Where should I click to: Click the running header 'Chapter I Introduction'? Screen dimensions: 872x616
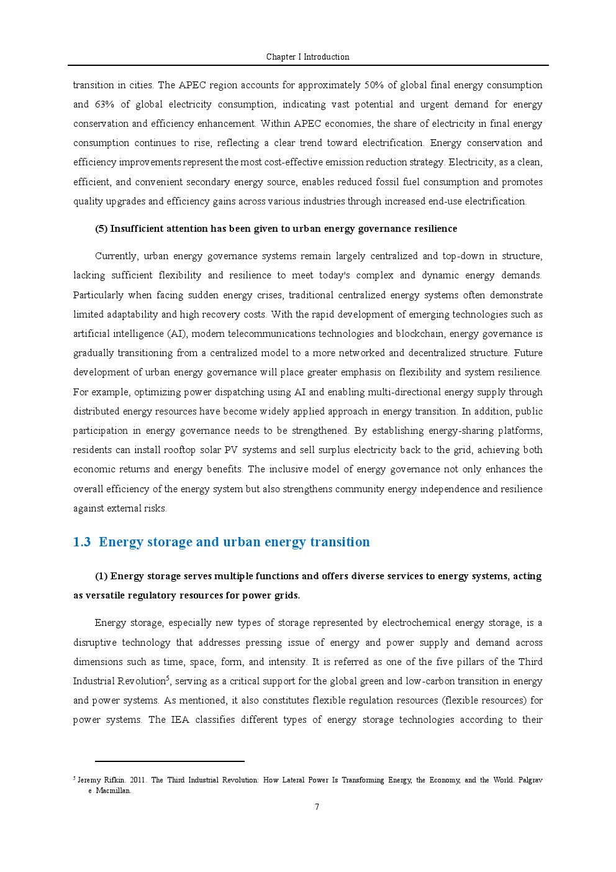click(x=307, y=57)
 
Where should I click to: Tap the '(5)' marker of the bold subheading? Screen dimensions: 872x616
click(x=101, y=229)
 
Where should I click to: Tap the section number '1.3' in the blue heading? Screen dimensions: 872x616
click(x=81, y=542)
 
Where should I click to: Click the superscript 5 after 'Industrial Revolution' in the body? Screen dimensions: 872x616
click(x=168, y=678)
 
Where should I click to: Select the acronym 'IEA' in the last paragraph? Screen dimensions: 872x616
click(x=179, y=720)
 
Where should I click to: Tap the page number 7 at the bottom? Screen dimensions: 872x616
click(x=317, y=807)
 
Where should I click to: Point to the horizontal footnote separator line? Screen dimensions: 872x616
click(x=170, y=761)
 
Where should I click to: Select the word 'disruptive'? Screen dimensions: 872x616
click(x=94, y=643)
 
